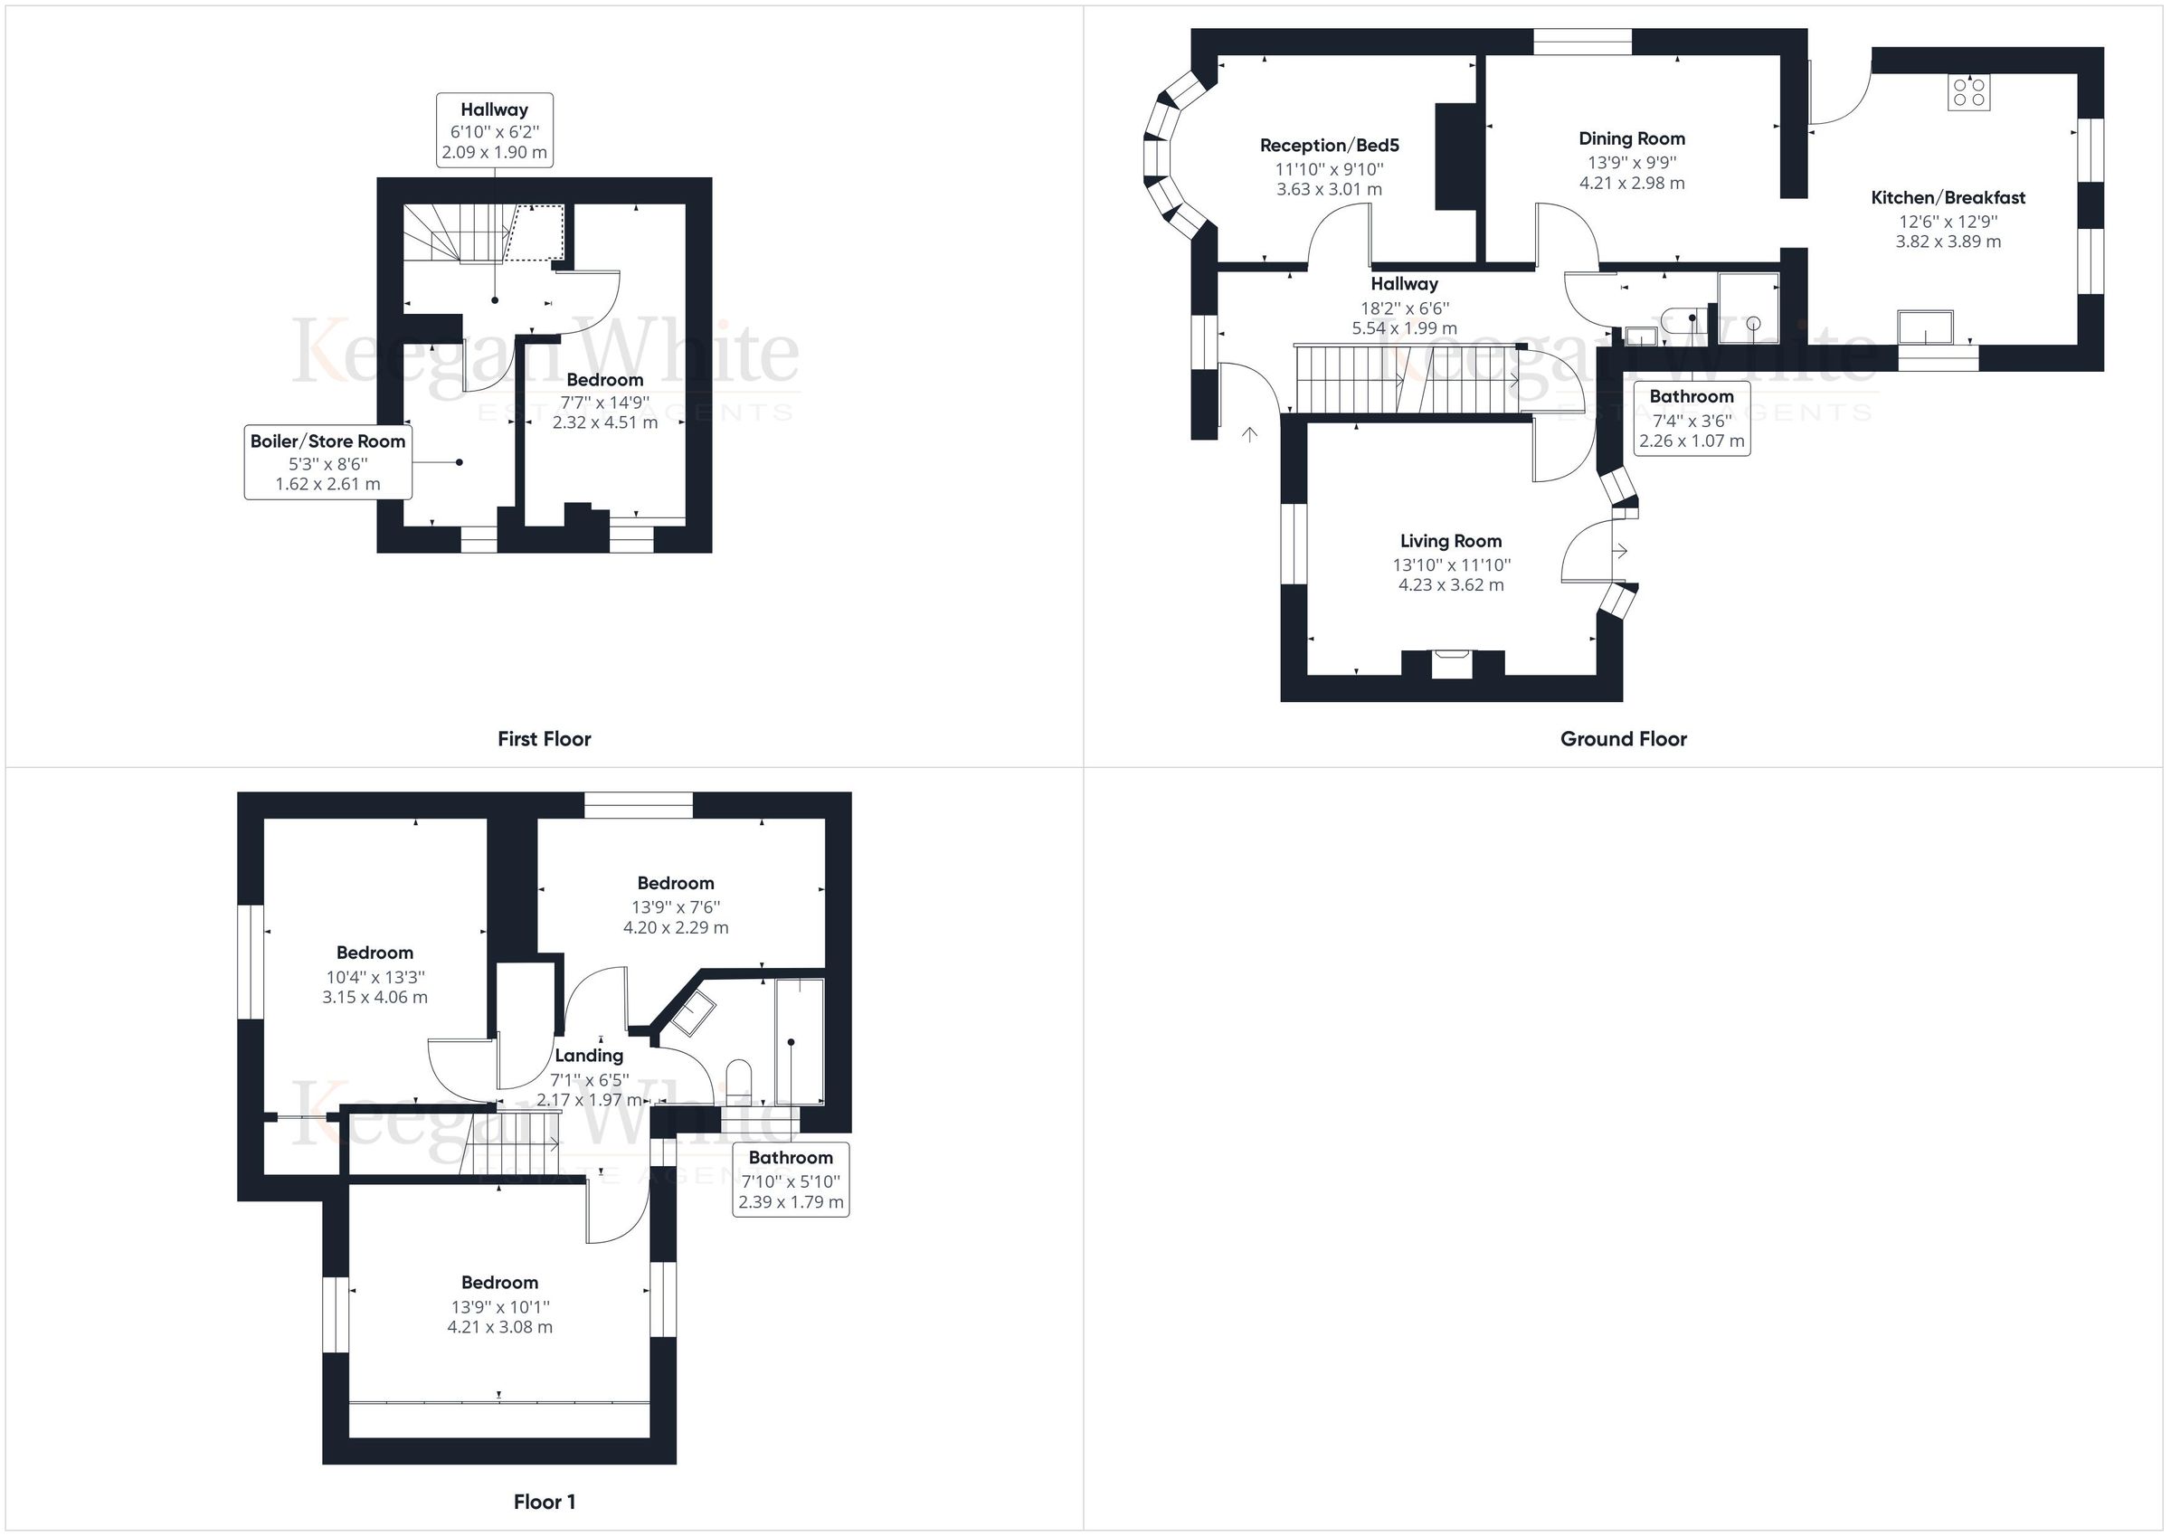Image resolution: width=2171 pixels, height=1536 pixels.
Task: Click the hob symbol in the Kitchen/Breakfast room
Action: [1969, 91]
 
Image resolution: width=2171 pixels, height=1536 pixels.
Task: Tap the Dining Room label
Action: [1632, 139]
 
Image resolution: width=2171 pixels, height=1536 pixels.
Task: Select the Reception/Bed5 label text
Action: [1330, 146]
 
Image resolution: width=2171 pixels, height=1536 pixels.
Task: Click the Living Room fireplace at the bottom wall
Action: [1452, 663]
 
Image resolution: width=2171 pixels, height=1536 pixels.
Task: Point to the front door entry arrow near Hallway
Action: [1250, 434]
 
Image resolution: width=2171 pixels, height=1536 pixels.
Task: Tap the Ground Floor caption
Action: [1623, 739]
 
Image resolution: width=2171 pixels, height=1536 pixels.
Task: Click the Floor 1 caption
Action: [544, 1501]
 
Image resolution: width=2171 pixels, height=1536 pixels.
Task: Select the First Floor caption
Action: [544, 739]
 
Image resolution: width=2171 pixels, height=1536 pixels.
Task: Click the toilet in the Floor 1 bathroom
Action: [738, 1080]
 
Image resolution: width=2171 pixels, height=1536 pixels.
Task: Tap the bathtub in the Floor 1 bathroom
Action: [799, 1040]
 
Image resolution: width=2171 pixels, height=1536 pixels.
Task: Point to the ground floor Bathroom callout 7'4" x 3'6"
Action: [1692, 419]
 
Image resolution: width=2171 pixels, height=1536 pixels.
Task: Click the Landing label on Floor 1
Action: [588, 1056]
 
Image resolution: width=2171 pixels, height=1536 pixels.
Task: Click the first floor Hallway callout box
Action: [494, 130]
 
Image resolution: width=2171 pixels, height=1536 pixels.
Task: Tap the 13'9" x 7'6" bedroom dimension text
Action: [675, 907]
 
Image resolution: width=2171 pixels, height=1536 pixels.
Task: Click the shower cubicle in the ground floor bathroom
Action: [1748, 308]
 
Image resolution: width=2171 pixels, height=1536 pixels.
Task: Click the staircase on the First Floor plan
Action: [457, 233]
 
